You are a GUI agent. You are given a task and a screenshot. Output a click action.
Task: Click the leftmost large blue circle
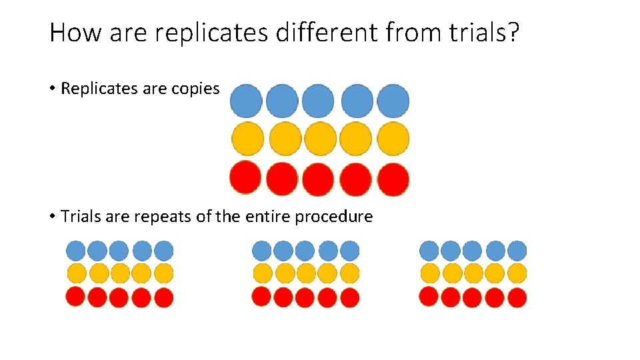pos(246,101)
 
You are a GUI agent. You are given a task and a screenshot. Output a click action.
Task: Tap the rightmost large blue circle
pos(393,101)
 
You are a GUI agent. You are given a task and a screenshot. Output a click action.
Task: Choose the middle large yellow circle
pos(321,139)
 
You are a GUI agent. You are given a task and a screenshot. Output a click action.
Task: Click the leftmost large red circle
pos(245,178)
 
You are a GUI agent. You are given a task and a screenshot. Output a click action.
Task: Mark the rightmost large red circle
pos(393,179)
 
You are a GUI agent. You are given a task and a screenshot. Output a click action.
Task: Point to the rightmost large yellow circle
pos(393,139)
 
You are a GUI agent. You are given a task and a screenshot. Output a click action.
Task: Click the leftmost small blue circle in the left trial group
pos(76,251)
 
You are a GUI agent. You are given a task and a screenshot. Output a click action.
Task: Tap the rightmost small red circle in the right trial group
pos(517,297)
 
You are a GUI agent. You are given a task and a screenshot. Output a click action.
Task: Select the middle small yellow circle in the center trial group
pos(306,273)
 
